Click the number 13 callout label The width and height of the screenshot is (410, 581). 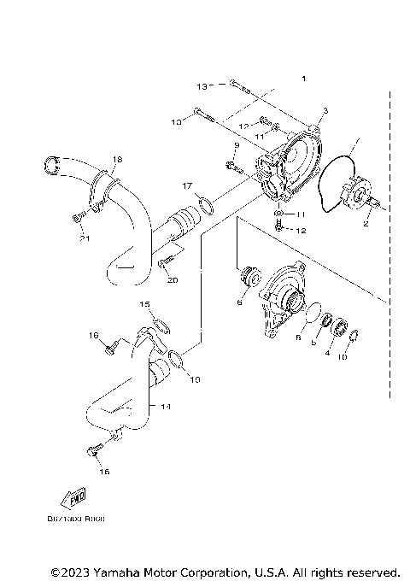coord(202,86)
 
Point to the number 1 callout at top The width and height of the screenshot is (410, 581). coord(302,79)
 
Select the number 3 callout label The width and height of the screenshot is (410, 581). coord(325,112)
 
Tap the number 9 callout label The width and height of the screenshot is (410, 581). coord(237,146)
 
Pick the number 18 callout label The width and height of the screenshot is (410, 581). coord(117,159)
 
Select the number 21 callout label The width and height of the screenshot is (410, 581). coord(84,238)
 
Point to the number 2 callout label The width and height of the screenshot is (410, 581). coord(366,225)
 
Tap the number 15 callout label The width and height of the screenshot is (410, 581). coord(145,304)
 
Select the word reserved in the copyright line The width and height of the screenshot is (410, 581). coord(372,571)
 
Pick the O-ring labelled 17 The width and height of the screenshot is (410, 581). coord(205,204)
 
